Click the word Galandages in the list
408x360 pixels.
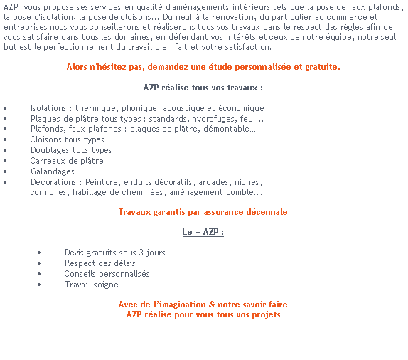(53, 171)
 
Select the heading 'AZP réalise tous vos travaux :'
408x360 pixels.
(203, 88)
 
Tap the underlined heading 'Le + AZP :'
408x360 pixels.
(203, 232)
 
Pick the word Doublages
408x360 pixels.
(50, 150)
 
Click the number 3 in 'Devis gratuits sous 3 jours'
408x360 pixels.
(141, 253)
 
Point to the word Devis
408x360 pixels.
(75, 253)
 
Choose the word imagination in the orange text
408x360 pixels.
(183, 305)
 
